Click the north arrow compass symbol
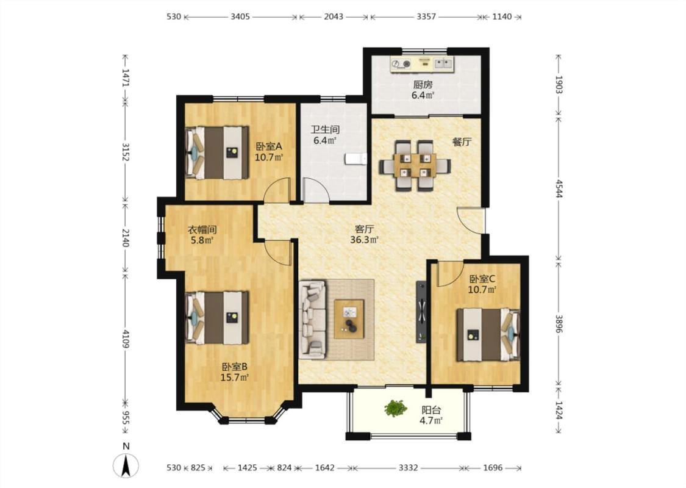[x=126, y=465]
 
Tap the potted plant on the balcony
[x=396, y=408]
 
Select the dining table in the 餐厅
[x=414, y=165]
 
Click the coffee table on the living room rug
[x=349, y=318]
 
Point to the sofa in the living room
[x=312, y=317]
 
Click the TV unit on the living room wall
[x=421, y=311]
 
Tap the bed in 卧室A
[x=216, y=152]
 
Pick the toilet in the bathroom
[x=356, y=159]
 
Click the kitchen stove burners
[x=401, y=64]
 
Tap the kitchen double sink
[x=444, y=64]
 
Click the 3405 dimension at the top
[x=240, y=16]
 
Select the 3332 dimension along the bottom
[x=408, y=467]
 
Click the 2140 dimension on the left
[x=126, y=238]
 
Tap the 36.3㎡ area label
[x=364, y=240]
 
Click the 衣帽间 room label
[x=202, y=229]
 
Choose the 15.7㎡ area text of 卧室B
[x=235, y=377]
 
